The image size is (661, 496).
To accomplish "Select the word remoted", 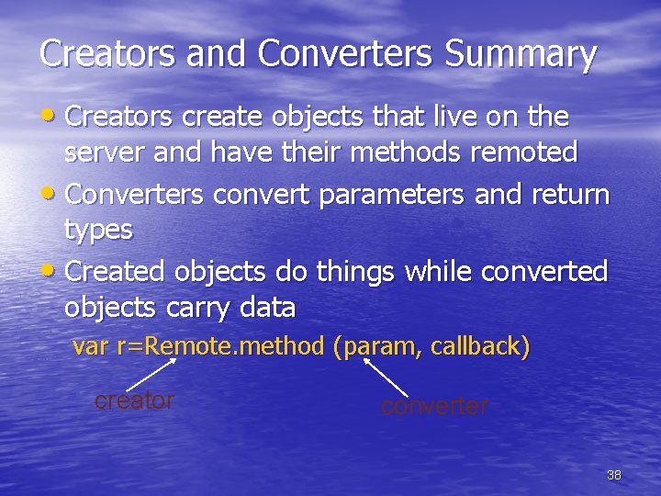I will pos(525,152).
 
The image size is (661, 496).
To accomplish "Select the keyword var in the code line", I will pos(89,347).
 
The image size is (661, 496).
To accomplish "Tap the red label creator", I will pos(134,400).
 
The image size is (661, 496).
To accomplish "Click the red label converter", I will pos(435,406).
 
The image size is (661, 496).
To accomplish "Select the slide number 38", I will pos(614,475).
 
